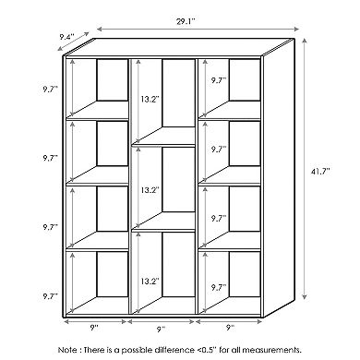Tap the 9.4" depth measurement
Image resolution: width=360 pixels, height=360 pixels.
(x=66, y=37)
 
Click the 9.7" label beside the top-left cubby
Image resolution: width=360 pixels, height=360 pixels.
(x=51, y=89)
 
